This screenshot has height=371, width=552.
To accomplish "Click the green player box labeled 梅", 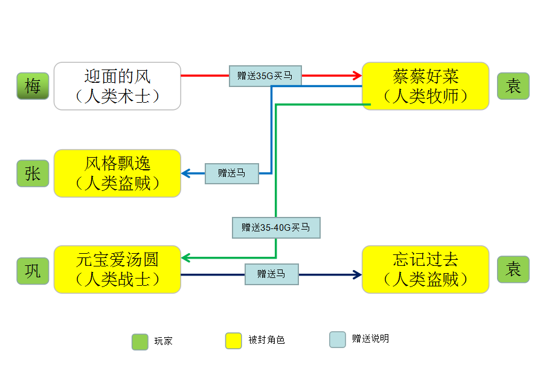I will pyautogui.click(x=33, y=86).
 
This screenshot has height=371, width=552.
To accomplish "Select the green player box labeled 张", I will pyautogui.click(x=33, y=173).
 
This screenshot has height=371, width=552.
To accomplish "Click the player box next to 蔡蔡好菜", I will pyautogui.click(x=513, y=86).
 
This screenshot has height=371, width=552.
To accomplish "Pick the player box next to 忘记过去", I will pyautogui.click(x=513, y=269).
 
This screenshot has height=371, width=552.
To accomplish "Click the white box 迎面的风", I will pyautogui.click(x=117, y=86).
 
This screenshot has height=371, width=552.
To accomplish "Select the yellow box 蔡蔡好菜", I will pyautogui.click(x=425, y=86).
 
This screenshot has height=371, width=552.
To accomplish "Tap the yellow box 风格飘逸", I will pyautogui.click(x=117, y=173).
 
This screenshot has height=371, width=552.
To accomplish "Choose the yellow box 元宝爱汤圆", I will pyautogui.click(x=117, y=269).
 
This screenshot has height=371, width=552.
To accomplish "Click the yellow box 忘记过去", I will pyautogui.click(x=425, y=269).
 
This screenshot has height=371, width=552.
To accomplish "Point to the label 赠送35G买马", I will pyautogui.click(x=265, y=76).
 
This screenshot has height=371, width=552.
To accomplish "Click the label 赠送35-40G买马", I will pyautogui.click(x=276, y=228).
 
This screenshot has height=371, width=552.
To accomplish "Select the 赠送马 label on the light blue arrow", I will pyautogui.click(x=232, y=173).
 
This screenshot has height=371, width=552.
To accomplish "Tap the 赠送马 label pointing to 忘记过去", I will pyautogui.click(x=271, y=274).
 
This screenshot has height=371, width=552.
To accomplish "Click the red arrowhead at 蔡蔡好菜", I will pyautogui.click(x=357, y=76).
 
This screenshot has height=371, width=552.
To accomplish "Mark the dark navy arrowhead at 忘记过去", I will pyautogui.click(x=357, y=275).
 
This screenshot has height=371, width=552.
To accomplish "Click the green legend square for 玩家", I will pyautogui.click(x=140, y=341).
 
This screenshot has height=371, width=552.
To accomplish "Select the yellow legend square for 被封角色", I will pyautogui.click(x=233, y=341).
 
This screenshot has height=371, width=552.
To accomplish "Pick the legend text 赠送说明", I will pyautogui.click(x=370, y=339).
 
